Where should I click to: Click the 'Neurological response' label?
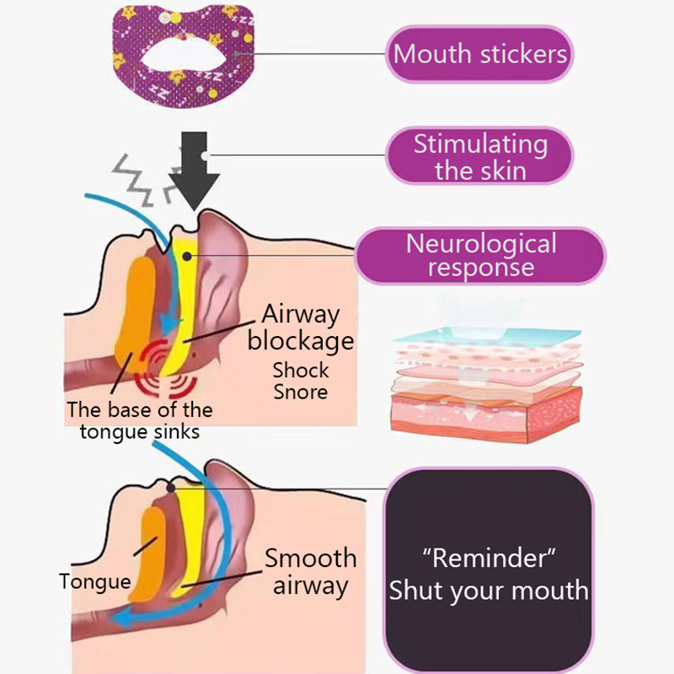coord(481,255)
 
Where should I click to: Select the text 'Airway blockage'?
coord(301,328)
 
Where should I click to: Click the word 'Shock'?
coord(301,370)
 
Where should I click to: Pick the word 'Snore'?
coord(301,392)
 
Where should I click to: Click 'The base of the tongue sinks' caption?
coord(140,421)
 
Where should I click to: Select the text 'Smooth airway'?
coord(310,571)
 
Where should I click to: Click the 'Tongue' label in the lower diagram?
coord(95,581)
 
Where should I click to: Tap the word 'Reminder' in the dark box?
coord(489,559)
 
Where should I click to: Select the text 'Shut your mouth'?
coord(489,590)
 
